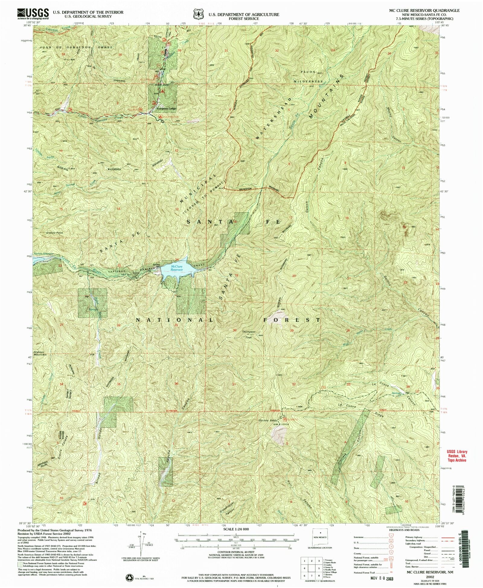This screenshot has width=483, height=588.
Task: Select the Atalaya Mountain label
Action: click(40, 353)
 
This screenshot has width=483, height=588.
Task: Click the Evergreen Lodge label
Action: click(166, 109)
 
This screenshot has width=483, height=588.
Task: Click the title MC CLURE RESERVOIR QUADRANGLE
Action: click(424, 11)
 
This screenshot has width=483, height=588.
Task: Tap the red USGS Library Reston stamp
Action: click(457, 456)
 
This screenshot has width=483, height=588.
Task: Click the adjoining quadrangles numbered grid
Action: click(311, 568)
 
